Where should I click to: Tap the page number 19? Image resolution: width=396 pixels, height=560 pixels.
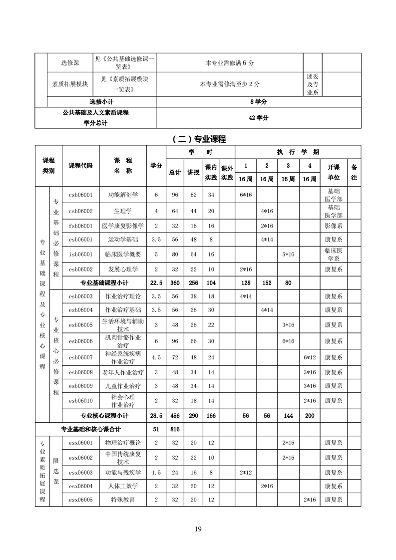point(198,529)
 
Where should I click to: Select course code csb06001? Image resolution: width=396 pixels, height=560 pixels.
point(80,195)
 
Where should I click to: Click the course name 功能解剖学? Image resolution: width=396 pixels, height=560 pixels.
point(123,195)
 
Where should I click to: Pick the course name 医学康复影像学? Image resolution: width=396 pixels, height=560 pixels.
point(123,226)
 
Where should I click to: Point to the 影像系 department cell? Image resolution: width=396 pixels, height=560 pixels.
point(333,226)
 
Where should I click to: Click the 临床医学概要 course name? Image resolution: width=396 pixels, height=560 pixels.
point(123,254)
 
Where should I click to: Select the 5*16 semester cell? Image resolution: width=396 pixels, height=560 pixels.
point(288,254)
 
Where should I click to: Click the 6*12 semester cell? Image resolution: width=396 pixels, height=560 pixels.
point(310,357)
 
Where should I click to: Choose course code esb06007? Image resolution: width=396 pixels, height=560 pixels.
point(80,357)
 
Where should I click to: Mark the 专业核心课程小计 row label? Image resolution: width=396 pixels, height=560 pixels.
point(104,415)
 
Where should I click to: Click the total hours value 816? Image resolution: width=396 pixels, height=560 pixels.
point(175,429)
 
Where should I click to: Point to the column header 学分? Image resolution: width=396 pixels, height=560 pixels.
point(156,166)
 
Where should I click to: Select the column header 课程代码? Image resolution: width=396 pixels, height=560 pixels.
point(80,166)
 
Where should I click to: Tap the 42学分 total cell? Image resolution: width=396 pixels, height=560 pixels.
point(258,118)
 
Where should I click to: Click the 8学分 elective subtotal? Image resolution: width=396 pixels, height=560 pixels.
point(258,101)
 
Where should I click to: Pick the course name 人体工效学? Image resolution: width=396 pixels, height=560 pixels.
point(123,486)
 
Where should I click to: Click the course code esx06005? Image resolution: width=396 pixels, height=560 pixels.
point(80,499)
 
